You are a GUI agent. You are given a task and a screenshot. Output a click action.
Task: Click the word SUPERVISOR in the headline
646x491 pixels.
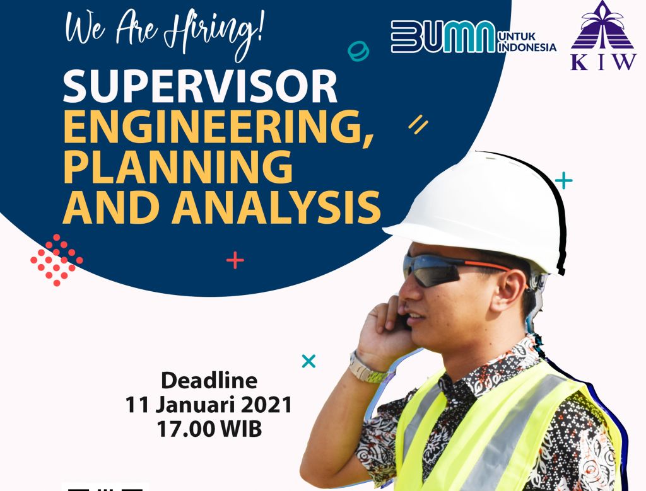(200, 86)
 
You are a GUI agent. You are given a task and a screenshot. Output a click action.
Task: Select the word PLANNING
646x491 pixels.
(178, 166)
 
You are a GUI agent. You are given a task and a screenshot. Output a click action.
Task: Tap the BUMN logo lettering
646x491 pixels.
(443, 37)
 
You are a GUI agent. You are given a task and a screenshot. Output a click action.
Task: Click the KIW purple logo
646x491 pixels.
(603, 35)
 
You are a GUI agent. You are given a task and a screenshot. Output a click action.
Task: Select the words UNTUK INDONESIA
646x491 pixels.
(527, 42)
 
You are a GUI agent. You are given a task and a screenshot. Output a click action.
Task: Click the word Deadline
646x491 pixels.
(209, 381)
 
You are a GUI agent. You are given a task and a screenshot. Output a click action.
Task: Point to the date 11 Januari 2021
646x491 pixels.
(208, 405)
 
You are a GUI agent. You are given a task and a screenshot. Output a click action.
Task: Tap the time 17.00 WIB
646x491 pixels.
(209, 429)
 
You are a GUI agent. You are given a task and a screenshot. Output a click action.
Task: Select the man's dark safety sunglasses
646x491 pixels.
(449, 270)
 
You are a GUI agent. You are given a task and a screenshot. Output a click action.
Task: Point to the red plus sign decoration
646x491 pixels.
(235, 260)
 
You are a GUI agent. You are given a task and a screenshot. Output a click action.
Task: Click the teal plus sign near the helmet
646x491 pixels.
(563, 180)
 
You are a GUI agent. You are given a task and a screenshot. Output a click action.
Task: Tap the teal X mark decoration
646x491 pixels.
(308, 361)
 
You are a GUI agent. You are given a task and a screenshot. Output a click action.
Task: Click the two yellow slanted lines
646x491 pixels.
(418, 124)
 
